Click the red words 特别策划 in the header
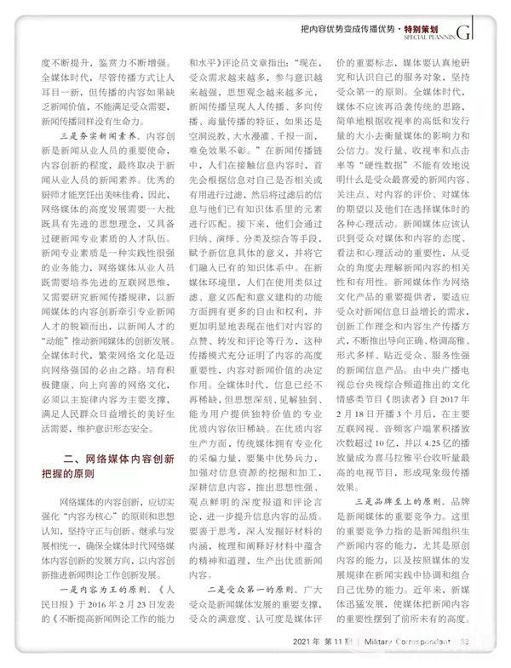(433, 28)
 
